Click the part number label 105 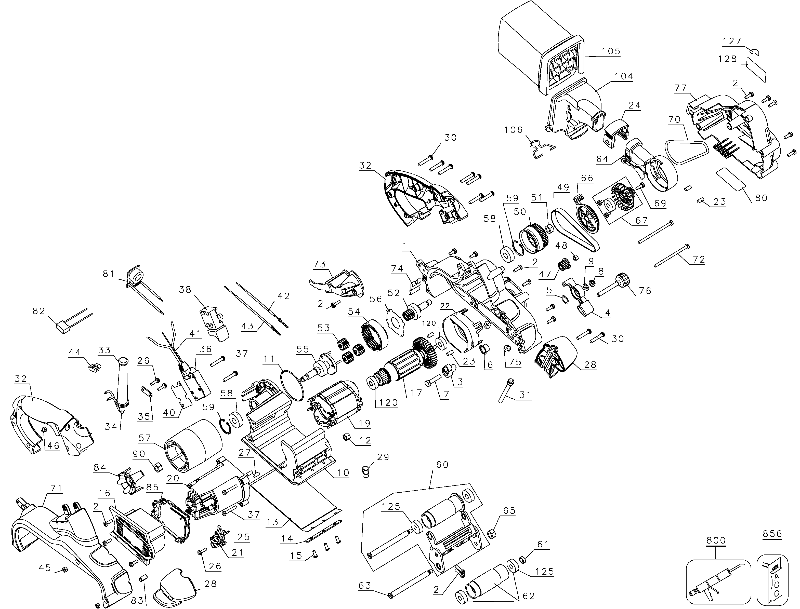tap(611, 51)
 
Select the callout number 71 tap(56, 488)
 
